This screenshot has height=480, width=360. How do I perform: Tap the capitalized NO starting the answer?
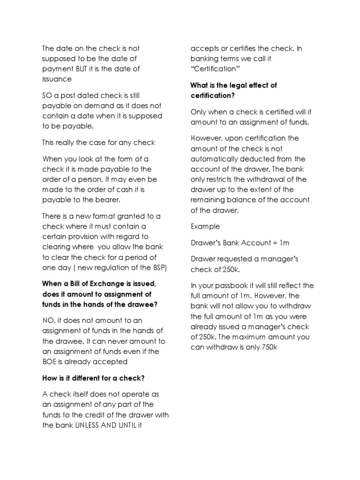click(x=49, y=321)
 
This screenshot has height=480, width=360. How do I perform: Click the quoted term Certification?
click(x=215, y=69)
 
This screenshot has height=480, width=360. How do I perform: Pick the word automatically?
click(x=216, y=159)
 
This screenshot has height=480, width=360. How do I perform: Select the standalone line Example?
click(x=205, y=226)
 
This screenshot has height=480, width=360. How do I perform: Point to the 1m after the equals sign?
click(x=285, y=243)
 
